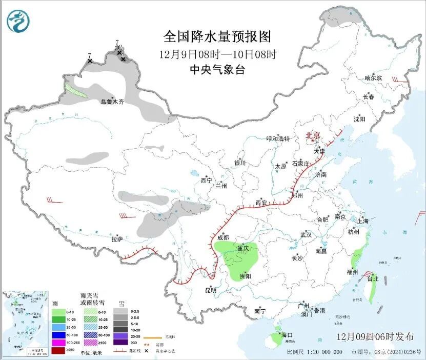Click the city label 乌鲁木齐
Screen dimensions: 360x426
(x=112, y=102)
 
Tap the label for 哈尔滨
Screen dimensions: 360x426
(x=373, y=78)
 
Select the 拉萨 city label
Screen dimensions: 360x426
(x=117, y=238)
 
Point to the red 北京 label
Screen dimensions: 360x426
(x=313, y=135)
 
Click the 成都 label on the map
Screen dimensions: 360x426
(x=223, y=237)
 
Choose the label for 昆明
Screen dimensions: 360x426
(x=211, y=290)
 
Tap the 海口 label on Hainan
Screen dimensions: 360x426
(x=287, y=335)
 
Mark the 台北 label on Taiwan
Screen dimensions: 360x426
(x=372, y=279)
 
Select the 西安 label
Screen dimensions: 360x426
(x=261, y=203)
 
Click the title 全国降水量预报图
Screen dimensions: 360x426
(x=217, y=37)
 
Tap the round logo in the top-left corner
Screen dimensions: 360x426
(x=18, y=22)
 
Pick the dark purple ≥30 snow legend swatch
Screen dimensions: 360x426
(x=121, y=342)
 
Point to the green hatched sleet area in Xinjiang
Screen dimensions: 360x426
(x=76, y=91)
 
